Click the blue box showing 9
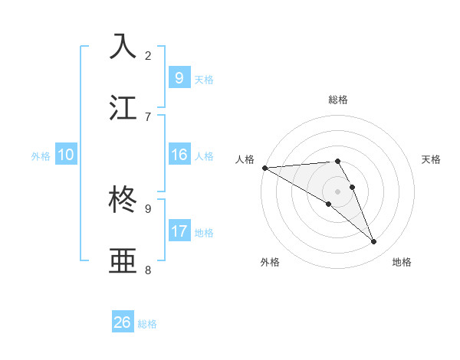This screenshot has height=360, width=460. click(x=179, y=77)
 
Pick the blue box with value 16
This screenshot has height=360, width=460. click(x=179, y=155)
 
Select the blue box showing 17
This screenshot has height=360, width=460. click(x=179, y=231)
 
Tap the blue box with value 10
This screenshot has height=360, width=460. click(x=66, y=155)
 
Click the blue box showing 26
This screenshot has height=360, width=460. click(x=123, y=322)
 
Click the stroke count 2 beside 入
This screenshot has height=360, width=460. click(x=148, y=55)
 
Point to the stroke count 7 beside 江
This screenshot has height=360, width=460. click(x=148, y=116)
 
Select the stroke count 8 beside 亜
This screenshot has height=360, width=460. click(x=148, y=270)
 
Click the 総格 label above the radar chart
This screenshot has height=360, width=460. click(x=338, y=100)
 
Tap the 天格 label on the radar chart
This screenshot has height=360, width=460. click(x=432, y=159)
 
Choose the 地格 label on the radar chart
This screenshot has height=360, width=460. click(x=402, y=262)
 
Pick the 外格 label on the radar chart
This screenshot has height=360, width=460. click(x=270, y=262)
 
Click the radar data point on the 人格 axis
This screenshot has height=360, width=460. click(x=264, y=168)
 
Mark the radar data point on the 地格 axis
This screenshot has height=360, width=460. click(x=374, y=241)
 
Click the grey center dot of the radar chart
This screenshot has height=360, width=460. click(x=338, y=191)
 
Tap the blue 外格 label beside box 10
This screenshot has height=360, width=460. click(x=41, y=155)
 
